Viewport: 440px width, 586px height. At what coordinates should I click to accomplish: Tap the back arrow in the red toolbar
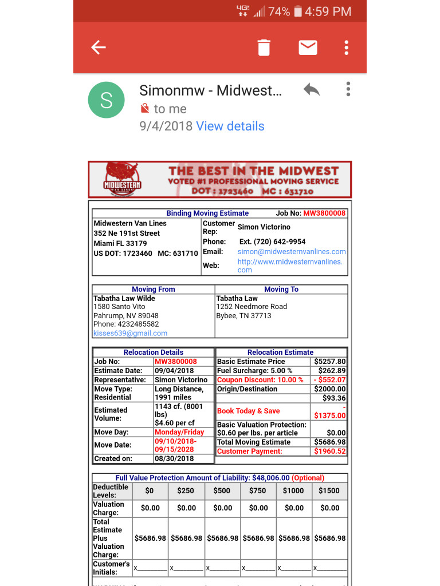coord(99,47)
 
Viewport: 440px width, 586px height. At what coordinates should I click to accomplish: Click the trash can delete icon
coord(264,47)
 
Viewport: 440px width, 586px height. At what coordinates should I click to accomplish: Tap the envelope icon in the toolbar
coord(308,47)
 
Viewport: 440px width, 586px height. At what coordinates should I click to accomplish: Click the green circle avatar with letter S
coord(106,100)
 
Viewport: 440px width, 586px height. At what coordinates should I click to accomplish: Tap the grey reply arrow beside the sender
coord(311,90)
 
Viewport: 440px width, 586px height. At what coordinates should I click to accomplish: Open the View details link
coord(230,126)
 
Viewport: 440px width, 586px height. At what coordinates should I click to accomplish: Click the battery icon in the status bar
coord(298,11)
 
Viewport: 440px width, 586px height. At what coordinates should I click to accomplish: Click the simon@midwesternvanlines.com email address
coord(292,252)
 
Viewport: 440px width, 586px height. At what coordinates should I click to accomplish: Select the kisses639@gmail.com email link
coord(130,333)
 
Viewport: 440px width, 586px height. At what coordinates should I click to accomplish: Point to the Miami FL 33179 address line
coord(120,243)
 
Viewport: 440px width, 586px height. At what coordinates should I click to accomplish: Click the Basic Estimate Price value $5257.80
coord(329,362)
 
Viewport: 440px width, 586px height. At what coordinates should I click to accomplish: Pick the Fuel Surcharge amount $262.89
coord(332,371)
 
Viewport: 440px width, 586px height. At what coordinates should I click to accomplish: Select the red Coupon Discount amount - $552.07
coord(329,380)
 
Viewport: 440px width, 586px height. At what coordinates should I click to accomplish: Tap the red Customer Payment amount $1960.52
coord(329,452)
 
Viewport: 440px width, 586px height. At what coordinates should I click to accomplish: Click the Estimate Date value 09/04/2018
coord(174,371)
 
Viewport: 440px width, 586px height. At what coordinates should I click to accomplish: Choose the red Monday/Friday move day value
coord(179,433)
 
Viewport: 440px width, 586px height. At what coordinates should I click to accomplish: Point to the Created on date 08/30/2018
coord(174,458)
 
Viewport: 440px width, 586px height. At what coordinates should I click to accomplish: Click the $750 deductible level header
coord(258,490)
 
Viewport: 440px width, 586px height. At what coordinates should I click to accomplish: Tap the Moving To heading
coord(281,290)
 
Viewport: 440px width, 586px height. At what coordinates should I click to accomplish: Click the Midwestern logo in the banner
coord(122,179)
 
